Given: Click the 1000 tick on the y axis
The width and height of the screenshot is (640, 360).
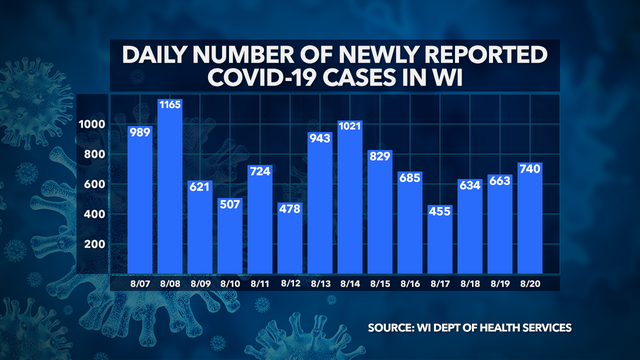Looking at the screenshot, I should coord(93,125).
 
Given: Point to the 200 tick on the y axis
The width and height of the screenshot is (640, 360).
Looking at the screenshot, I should coord(96,245).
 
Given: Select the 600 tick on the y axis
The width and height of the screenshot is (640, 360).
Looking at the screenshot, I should coord(96,185).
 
